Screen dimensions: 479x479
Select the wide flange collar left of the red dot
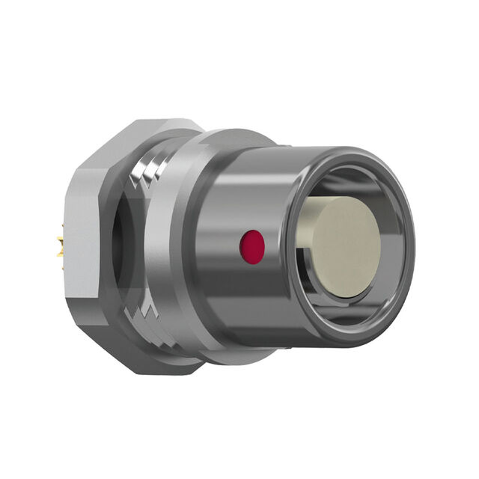(176, 247)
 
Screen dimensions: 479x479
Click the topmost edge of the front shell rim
(352, 147)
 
